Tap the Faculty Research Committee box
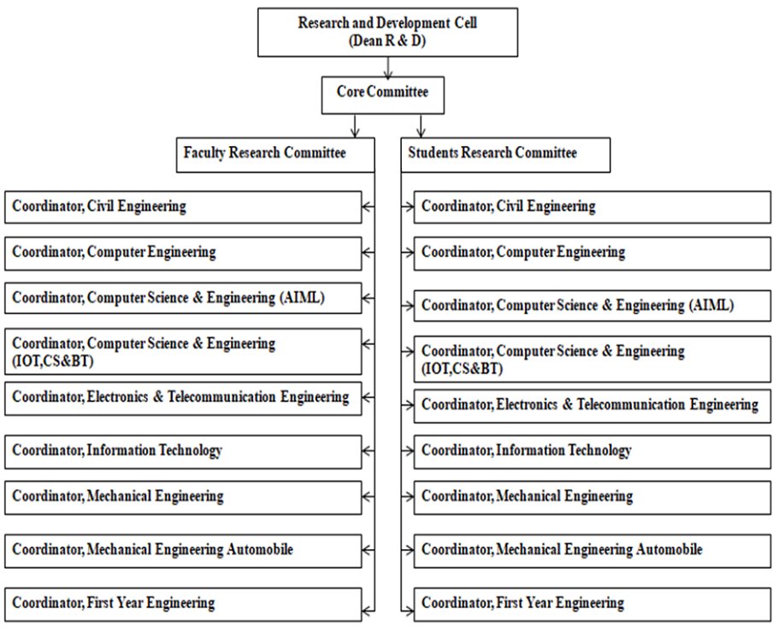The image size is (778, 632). point(274,155)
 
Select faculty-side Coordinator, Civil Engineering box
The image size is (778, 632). point(183,207)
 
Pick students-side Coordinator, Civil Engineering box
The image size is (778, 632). point(592,207)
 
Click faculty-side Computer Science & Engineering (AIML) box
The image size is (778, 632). point(183,298)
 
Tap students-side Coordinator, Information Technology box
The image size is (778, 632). point(592,451)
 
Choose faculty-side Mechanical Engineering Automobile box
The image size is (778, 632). point(183,551)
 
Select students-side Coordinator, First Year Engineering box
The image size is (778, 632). point(592,604)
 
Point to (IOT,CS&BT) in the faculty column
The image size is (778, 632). point(52,360)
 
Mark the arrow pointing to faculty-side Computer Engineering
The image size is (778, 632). point(368,253)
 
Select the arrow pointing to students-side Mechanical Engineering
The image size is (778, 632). point(409,497)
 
